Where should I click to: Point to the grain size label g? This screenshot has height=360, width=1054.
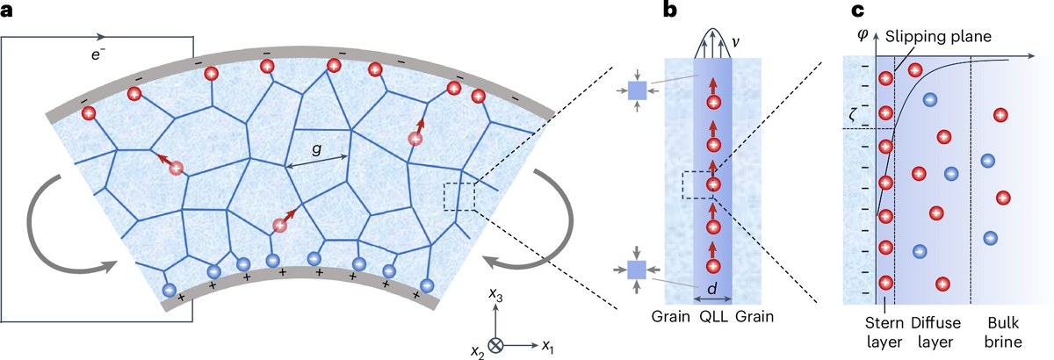click(x=314, y=151)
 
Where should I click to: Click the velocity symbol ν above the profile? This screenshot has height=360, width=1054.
click(x=734, y=40)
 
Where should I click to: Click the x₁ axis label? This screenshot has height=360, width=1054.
click(x=547, y=346)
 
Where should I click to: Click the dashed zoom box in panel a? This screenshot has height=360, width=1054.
click(x=458, y=197)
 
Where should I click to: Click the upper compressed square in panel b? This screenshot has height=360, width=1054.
click(x=638, y=90)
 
